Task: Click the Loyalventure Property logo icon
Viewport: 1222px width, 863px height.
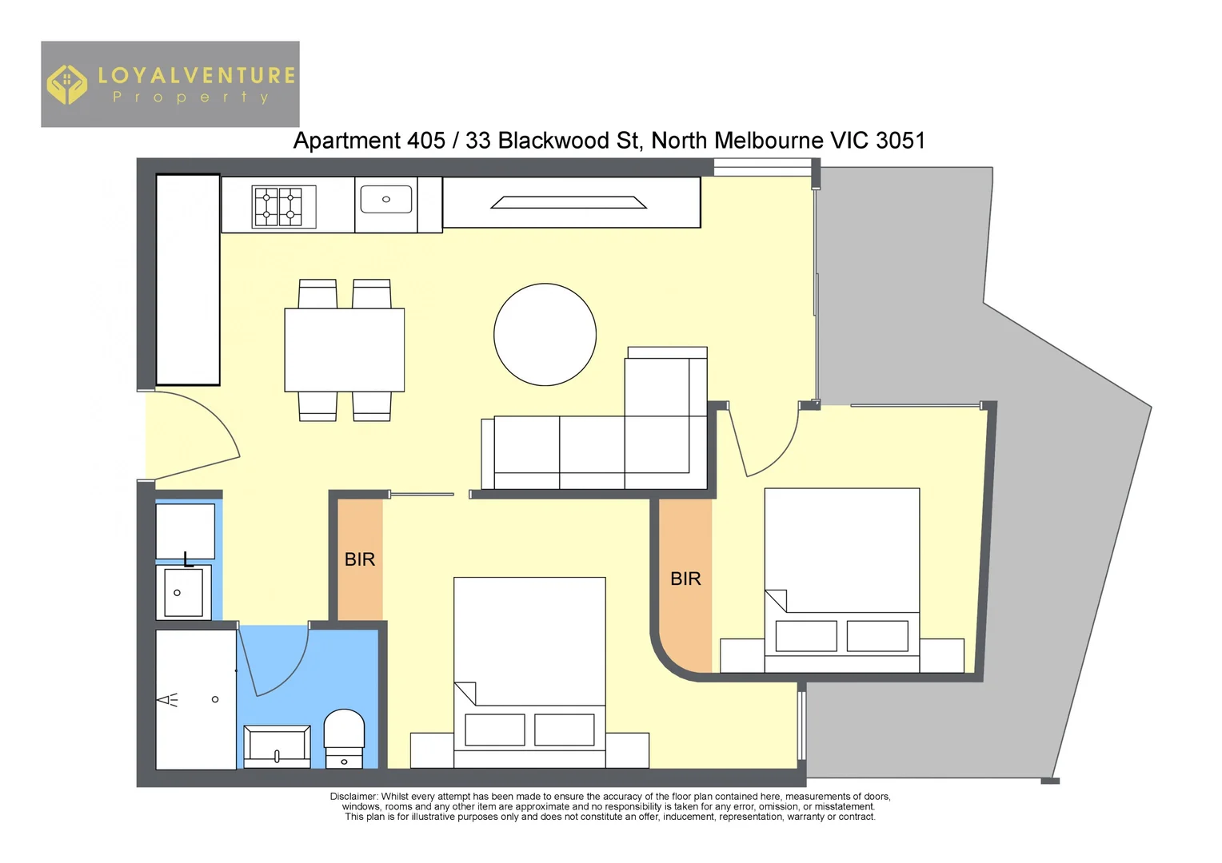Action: [x=66, y=85]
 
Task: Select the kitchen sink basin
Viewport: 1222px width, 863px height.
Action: [x=386, y=200]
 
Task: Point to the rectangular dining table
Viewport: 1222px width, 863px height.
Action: [x=345, y=350]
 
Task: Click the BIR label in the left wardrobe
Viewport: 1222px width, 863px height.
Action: [x=360, y=559]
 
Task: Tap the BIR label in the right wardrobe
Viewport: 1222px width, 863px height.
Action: [x=685, y=579]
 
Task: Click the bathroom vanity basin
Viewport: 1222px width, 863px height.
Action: [x=277, y=746]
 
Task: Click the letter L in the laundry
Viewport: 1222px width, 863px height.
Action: [x=188, y=559]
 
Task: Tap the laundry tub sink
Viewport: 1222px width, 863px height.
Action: [x=183, y=592]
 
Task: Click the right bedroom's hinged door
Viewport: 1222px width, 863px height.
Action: [x=764, y=443]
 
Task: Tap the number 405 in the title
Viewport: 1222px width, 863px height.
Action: [x=425, y=141]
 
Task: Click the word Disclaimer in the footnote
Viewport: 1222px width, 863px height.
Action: [x=353, y=797]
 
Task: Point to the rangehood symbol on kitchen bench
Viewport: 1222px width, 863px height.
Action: [x=568, y=203]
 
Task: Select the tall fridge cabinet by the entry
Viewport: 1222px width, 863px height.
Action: [x=188, y=280]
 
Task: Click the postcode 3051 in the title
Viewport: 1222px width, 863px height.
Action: [x=901, y=141]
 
